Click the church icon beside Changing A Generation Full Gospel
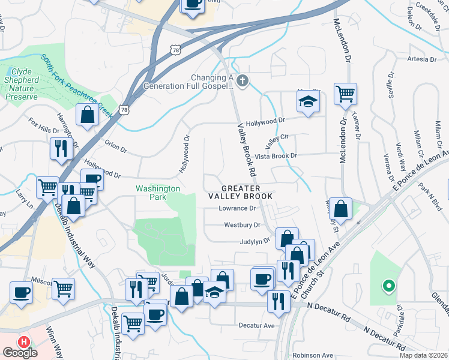[x=242, y=81]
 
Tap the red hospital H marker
[x=24, y=341]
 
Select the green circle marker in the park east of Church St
[x=388, y=287]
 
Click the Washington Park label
[x=157, y=192]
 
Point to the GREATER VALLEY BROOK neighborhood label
[x=240, y=192]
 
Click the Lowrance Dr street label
[x=237, y=209]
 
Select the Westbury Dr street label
[x=242, y=226]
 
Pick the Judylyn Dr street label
[x=254, y=242]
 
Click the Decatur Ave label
[x=256, y=326]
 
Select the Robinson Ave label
[x=312, y=355]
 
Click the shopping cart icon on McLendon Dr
[x=345, y=94]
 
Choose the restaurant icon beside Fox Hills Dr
[x=61, y=149]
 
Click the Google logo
[x=20, y=353]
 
